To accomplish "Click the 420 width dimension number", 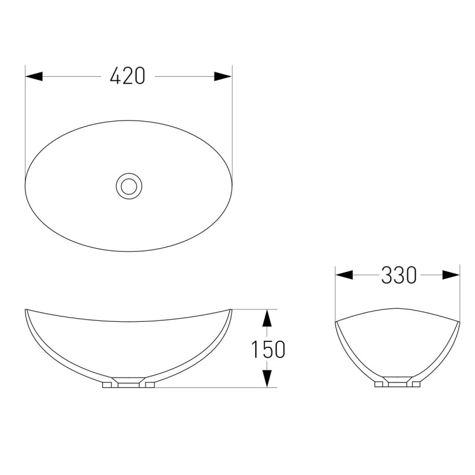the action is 128,76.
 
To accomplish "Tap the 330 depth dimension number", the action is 398,275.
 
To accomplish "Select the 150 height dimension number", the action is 268,349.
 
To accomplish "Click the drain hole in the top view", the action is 129,186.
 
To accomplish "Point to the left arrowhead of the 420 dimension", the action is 34,76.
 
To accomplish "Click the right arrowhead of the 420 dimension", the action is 223,76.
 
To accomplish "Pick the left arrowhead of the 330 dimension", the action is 344,275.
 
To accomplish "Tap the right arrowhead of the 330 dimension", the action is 451,275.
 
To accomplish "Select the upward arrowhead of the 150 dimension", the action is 267,318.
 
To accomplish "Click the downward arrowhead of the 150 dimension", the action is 267,379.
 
